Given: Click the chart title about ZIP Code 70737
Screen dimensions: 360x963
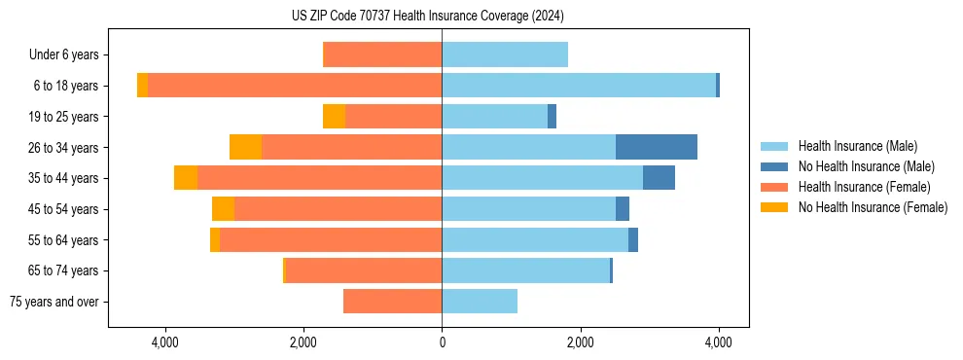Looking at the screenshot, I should pyautogui.click(x=442, y=17).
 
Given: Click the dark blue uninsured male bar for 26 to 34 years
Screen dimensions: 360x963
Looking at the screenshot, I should pyautogui.click(x=657, y=147).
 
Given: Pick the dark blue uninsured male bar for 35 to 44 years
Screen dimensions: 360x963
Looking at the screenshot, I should pyautogui.click(x=659, y=178).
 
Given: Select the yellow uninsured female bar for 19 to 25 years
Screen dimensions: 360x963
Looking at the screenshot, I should pyautogui.click(x=335, y=117).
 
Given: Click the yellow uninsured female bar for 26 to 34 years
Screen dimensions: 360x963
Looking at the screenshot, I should pyautogui.click(x=246, y=147).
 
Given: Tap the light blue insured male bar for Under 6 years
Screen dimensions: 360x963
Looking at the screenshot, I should pyautogui.click(x=505, y=54).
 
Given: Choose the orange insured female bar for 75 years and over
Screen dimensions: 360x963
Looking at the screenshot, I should pyautogui.click(x=393, y=302).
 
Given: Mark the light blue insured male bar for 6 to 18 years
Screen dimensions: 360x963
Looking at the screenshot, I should pyautogui.click(x=579, y=86).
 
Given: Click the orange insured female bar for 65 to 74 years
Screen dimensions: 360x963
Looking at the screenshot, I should pyautogui.click(x=364, y=270).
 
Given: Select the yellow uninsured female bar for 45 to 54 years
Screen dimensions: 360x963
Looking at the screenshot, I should pyautogui.click(x=224, y=209).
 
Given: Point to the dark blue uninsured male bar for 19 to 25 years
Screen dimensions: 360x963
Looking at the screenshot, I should pyautogui.click(x=552, y=117).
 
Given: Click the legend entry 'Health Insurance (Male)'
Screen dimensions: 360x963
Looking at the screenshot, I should pyautogui.click(x=857, y=146).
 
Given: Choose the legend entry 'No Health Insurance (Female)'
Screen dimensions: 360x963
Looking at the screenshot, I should pyautogui.click(x=873, y=207).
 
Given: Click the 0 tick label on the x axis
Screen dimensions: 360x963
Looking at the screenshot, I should pyautogui.click(x=442, y=342).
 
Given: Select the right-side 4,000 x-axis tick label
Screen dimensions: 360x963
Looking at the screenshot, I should pyautogui.click(x=718, y=342).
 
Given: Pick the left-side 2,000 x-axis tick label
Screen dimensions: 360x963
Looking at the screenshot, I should pyautogui.click(x=303, y=342).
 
